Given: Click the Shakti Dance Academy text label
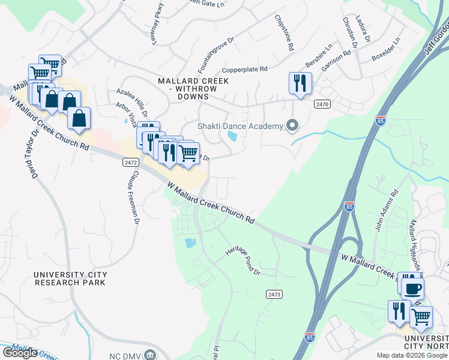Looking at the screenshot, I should [240, 126].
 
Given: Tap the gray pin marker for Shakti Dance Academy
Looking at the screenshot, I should [292, 125].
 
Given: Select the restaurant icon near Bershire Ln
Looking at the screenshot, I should [300, 83].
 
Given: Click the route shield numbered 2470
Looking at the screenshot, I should [322, 104].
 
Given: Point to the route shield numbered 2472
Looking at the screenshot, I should [130, 163].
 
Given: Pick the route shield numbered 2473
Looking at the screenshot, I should [274, 294].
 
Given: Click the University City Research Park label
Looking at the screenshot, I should [70, 278].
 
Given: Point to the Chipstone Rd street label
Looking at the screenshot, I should [285, 33].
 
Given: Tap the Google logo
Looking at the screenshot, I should [20, 353].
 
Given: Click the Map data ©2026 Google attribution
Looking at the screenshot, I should [411, 355].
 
